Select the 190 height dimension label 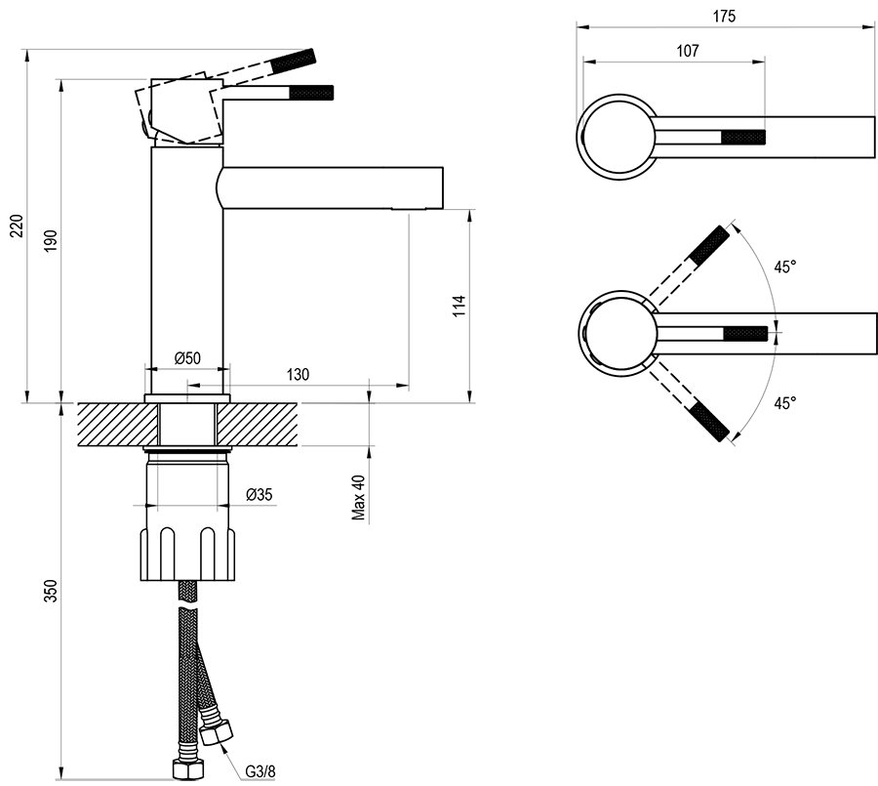[51, 241]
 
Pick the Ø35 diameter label [259, 495]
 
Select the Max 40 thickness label [359, 498]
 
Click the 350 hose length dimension [51, 591]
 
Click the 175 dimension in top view [724, 16]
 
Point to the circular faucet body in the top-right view [617, 138]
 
